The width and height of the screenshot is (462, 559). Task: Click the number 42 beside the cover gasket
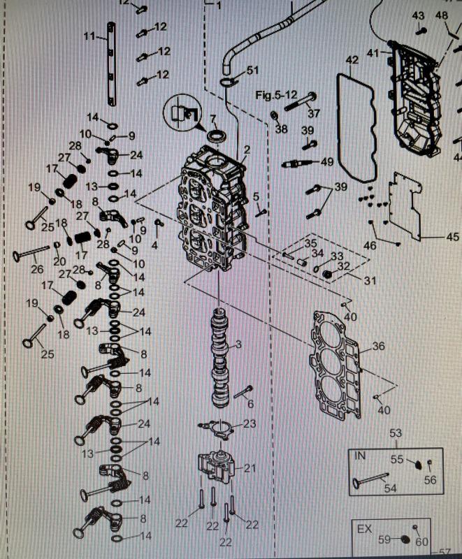pyautogui.click(x=352, y=60)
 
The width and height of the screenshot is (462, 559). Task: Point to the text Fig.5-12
pyautogui.click(x=277, y=94)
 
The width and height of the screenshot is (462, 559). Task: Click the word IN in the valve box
pyautogui.click(x=361, y=456)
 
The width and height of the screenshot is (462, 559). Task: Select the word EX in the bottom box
pyautogui.click(x=365, y=529)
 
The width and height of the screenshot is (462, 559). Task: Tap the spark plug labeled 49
pyautogui.click(x=299, y=164)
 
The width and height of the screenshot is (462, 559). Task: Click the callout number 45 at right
pyautogui.click(x=452, y=237)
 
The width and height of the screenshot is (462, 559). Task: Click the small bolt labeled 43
pyautogui.click(x=421, y=30)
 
